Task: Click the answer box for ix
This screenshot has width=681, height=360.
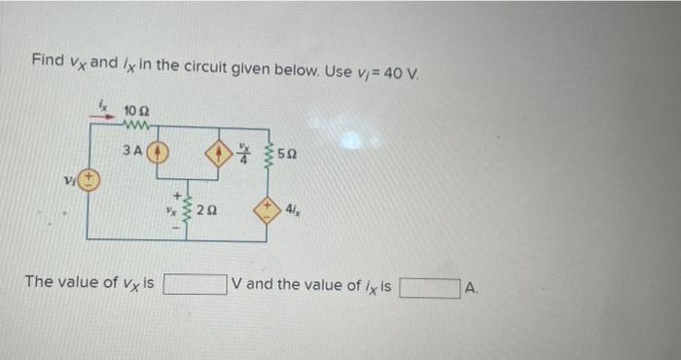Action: [428, 288]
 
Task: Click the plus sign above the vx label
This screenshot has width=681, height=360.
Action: [173, 195]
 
